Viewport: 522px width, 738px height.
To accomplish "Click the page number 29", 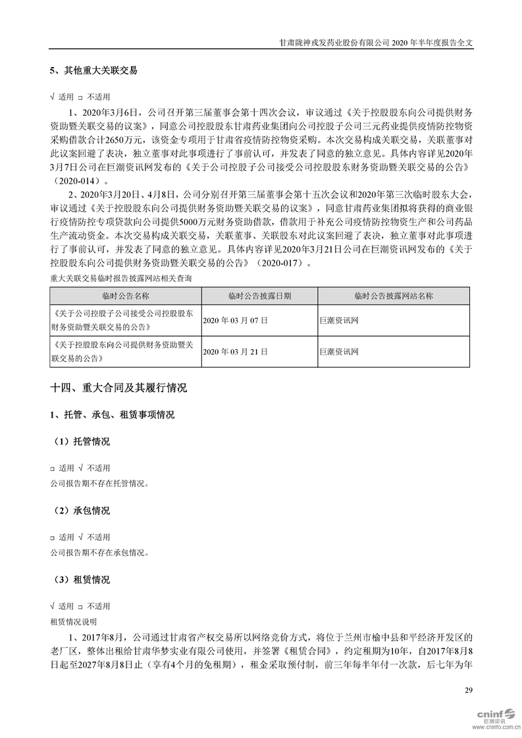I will click(x=468, y=690).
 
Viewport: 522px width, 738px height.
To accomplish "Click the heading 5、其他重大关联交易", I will click(x=93, y=70).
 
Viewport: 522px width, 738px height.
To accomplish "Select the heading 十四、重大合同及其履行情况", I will click(x=118, y=389).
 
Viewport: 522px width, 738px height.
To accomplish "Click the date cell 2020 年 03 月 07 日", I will click(x=236, y=320).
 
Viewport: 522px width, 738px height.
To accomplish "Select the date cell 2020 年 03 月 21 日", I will click(x=236, y=352).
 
